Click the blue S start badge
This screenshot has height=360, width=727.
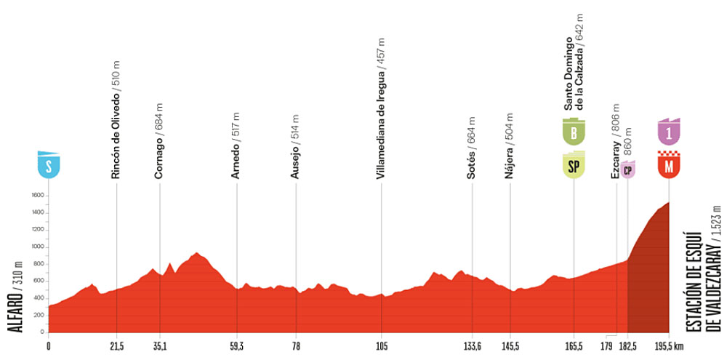click(48, 165)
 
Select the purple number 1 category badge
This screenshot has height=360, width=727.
click(669, 131)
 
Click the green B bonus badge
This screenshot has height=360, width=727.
click(574, 131)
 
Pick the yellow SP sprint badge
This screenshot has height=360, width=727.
click(574, 165)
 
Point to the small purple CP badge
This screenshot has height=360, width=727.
click(628, 169)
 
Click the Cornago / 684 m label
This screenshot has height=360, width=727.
click(159, 140)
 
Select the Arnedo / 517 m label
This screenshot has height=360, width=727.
click(235, 147)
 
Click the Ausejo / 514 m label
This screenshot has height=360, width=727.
click(294, 147)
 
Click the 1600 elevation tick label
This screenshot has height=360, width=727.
click(38, 196)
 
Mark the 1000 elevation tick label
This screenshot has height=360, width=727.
click(38, 247)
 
